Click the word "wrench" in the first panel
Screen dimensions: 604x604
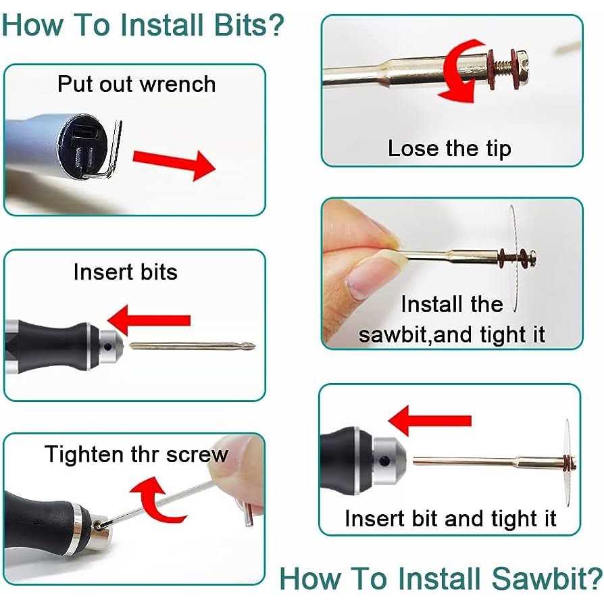(177, 84)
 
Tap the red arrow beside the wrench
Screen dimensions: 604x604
(174, 164)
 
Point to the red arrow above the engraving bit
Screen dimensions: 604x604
(149, 320)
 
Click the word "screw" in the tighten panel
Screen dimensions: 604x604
(197, 455)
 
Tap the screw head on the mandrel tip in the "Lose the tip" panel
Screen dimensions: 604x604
(522, 68)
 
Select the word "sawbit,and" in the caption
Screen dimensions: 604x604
(416, 334)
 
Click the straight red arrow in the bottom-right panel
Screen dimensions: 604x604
(430, 420)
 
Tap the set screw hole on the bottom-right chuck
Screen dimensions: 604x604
(384, 461)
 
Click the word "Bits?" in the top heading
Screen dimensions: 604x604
(249, 25)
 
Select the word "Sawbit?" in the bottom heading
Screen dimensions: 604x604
(547, 578)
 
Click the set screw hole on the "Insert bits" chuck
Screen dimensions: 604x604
(107, 347)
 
